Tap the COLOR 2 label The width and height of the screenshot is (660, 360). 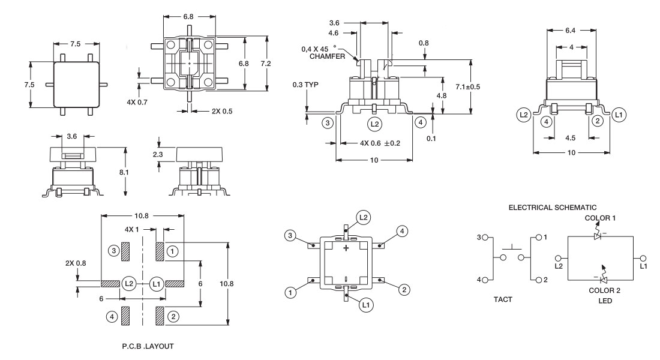click(602, 290)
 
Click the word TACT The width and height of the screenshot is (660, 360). click(503, 299)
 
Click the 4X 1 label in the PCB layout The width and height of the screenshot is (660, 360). click(131, 229)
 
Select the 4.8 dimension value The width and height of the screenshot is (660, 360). click(457, 95)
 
